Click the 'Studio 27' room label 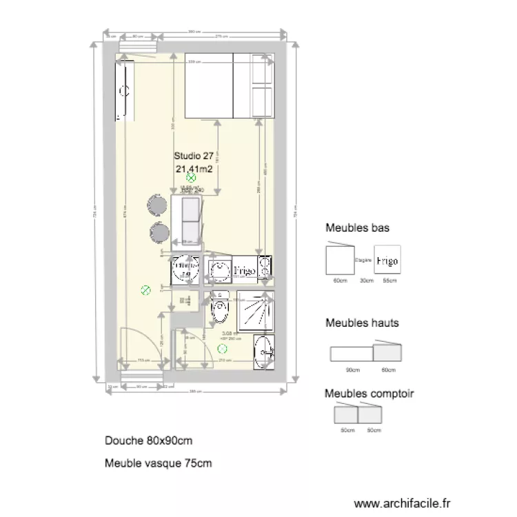(194, 156)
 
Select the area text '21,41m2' (194, 168)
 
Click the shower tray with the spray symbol (256, 310)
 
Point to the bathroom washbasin (264, 352)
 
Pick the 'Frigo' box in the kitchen (245, 271)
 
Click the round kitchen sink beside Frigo (219, 270)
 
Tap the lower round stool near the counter (158, 232)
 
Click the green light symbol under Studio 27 (192, 178)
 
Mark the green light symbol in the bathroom (222, 349)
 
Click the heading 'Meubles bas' (358, 228)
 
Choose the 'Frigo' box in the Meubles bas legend (387, 261)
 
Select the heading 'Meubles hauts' (362, 323)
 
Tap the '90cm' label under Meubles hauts (352, 370)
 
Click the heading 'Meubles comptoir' (369, 394)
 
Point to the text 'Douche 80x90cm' (148, 440)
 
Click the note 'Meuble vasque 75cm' (158, 463)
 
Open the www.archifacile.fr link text (401, 504)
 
